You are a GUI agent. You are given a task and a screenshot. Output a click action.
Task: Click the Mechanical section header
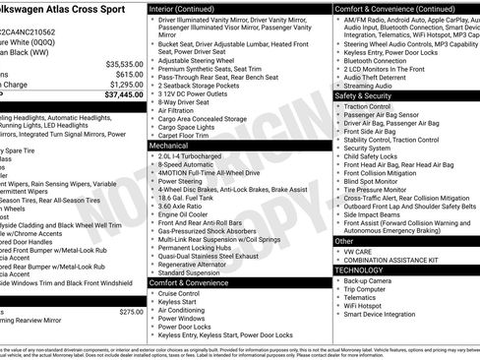coord(170,144)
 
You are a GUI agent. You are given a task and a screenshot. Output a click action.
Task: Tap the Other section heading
coord(344,240)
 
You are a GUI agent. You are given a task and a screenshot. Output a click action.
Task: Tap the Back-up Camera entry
coord(369,280)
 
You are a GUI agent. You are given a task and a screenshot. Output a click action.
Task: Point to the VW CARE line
coord(361,251)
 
